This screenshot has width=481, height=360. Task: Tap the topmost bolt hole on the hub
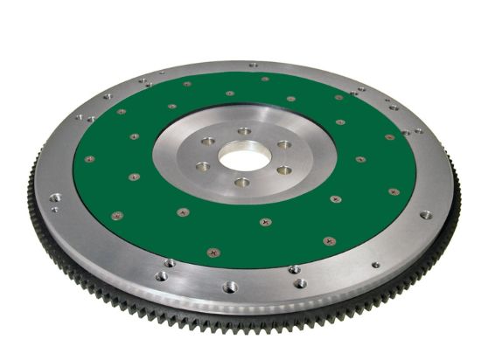244,132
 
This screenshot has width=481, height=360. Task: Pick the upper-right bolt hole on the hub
282,143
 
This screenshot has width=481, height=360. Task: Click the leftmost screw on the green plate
89,159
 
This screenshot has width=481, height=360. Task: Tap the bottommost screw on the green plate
213,253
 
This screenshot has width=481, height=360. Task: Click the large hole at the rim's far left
55,197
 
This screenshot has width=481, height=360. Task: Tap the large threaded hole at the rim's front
229,286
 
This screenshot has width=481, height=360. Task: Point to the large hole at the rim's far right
425,214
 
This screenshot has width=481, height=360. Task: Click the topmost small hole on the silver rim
253,65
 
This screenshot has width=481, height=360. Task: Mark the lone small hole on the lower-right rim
375,265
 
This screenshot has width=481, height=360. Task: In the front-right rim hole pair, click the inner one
295,269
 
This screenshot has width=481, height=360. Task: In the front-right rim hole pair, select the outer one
300,283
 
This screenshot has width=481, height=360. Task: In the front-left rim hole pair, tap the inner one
169,263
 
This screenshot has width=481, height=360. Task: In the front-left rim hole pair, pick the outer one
161,276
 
